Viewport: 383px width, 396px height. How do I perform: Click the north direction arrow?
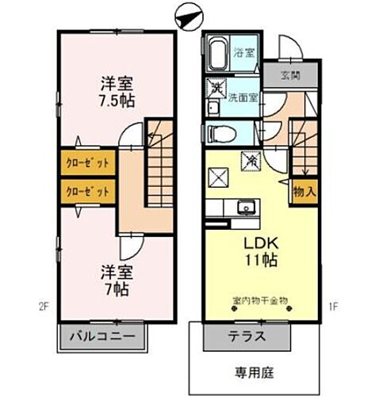point(186,17)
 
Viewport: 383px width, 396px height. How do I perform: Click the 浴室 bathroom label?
point(244,54)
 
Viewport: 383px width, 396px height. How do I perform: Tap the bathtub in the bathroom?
point(217,55)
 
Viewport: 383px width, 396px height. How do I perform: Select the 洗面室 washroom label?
point(244,98)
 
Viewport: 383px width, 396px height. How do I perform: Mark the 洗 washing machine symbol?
point(215,89)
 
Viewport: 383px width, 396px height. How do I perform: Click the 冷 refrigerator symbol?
point(250,160)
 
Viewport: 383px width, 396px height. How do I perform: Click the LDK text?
point(253,242)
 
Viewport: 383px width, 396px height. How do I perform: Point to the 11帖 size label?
point(253,259)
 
